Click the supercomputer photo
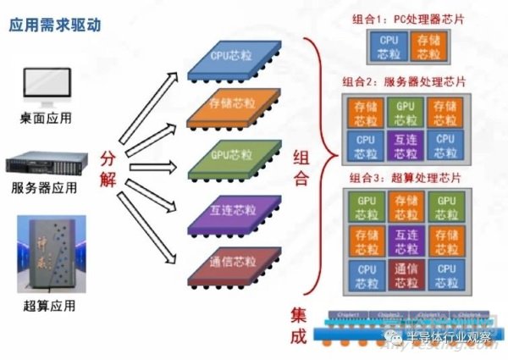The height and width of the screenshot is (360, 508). click(x=42, y=252)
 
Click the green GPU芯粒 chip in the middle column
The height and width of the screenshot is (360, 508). click(x=230, y=157)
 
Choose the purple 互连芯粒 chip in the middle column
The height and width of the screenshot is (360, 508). click(x=230, y=207)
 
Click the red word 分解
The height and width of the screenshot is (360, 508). click(x=106, y=169)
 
